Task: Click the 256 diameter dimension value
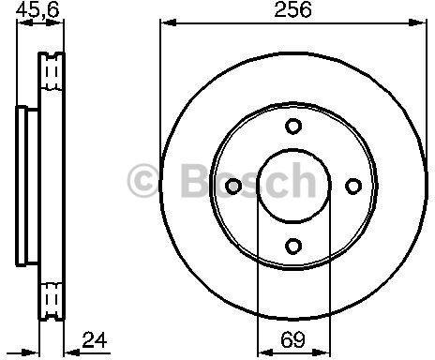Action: pyautogui.click(x=292, y=10)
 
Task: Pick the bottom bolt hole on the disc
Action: pyautogui.click(x=292, y=247)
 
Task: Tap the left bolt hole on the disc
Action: pyautogui.click(x=232, y=187)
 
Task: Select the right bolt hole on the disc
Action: pyautogui.click(x=352, y=187)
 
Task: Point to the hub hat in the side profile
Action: pyautogui.click(x=23, y=187)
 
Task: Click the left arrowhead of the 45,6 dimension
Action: pyautogui.click(x=21, y=25)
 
